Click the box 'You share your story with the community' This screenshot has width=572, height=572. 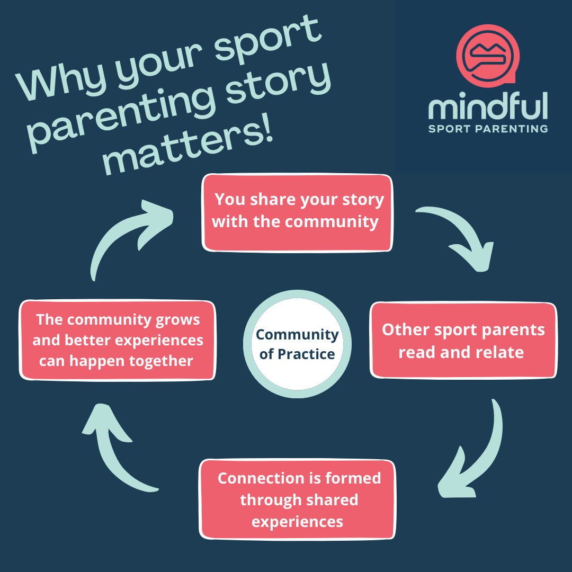tap(297, 212)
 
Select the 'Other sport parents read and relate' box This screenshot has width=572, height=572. tap(463, 340)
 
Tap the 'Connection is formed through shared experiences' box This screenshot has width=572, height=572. tap(297, 499)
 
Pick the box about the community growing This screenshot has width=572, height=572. tap(118, 341)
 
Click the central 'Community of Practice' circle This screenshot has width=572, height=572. tap(297, 344)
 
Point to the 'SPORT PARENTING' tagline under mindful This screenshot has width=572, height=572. tap(488, 128)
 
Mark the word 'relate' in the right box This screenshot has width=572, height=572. tap(498, 352)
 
